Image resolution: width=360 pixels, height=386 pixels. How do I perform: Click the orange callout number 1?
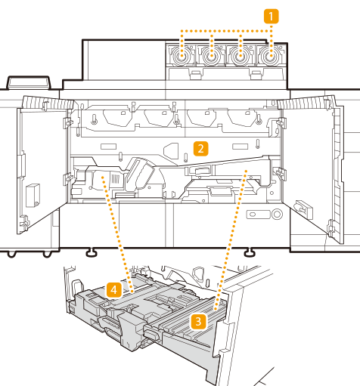(x=271, y=17)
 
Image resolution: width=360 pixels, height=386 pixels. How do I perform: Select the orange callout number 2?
(x=200, y=149)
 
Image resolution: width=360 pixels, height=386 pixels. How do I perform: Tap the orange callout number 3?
(x=198, y=322)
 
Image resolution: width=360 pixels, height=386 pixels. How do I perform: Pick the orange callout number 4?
(x=114, y=290)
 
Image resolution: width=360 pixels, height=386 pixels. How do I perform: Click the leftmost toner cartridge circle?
(x=181, y=57)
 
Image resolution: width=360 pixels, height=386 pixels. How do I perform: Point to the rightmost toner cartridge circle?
(x=271, y=57)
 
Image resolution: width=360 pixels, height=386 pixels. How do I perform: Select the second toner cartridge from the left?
(x=211, y=57)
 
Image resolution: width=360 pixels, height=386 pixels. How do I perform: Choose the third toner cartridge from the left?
(x=241, y=57)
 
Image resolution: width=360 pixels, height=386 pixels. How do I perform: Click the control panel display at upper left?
(x=29, y=82)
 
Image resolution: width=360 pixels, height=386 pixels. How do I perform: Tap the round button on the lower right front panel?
(x=277, y=215)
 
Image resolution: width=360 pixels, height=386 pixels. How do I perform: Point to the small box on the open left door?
(x=33, y=195)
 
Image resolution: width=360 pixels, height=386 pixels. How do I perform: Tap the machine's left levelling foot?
(x=92, y=252)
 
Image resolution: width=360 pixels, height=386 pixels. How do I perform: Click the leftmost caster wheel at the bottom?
(x=11, y=254)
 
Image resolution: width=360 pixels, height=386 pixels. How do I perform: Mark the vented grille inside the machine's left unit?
(x=115, y=178)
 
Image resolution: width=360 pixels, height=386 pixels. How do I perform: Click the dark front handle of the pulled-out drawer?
(x=153, y=333)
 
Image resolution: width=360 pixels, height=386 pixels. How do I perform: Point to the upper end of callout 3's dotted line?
(x=246, y=171)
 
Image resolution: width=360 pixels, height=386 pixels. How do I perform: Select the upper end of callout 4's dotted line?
(x=103, y=177)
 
